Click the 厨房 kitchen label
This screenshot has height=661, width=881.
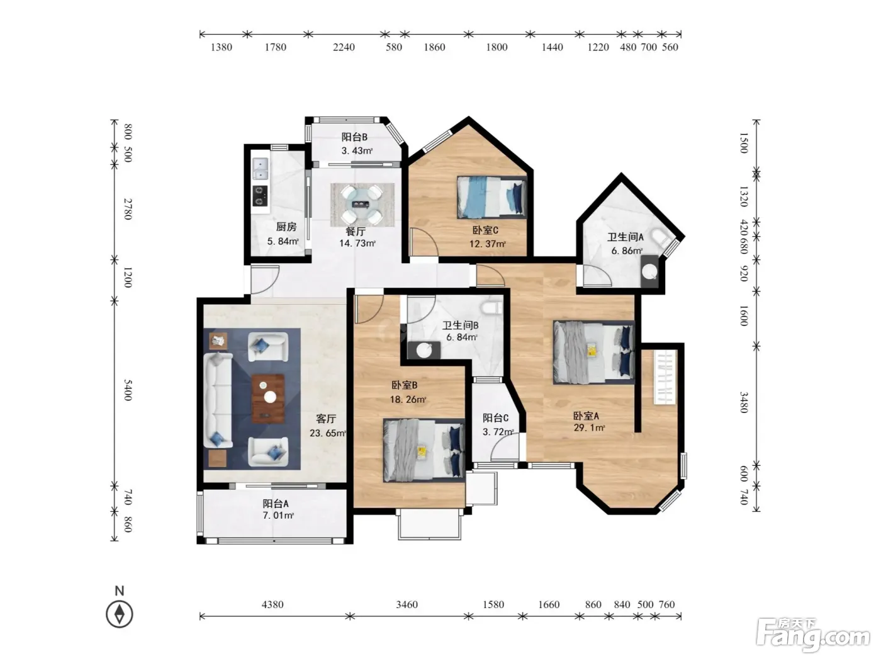coord(286,227)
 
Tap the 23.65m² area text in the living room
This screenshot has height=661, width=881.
coord(327,434)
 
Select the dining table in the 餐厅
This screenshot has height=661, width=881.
coord(362,204)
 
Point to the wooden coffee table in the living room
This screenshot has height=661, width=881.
coord(268,399)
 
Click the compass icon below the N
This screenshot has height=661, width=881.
coord(119,614)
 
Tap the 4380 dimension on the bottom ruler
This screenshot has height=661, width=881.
coord(272,604)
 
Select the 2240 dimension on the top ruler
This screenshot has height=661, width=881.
coord(344,47)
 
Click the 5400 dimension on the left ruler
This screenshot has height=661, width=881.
coord(128,390)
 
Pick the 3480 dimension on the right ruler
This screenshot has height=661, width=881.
coord(744,402)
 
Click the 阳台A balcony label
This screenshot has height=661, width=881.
coord(276,503)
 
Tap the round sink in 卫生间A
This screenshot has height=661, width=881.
coord(649,272)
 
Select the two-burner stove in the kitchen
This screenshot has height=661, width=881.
coord(260,196)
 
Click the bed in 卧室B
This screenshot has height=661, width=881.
coord(424,450)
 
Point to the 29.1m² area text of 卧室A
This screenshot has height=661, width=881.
coord(589,428)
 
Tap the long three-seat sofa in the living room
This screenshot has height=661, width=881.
coord(218,400)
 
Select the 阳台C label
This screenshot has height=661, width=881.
coord(495,418)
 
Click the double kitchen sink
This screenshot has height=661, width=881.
coord(261,169)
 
